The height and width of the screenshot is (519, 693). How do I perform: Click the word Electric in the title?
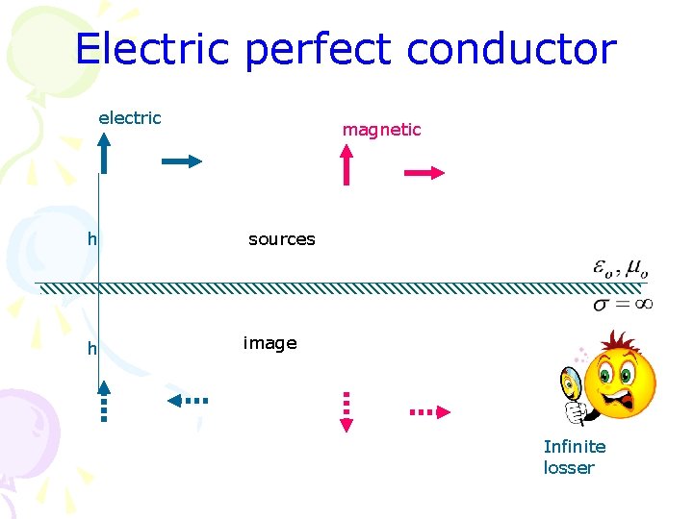coord(152,49)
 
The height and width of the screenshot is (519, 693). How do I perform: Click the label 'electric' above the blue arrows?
coord(130,118)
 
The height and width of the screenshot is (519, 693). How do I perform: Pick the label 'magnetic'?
coord(382,130)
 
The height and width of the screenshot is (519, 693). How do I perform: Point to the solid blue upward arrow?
coord(104,154)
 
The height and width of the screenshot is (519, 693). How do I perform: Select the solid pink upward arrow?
coord(347,163)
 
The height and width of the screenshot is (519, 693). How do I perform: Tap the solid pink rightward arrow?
coord(424,173)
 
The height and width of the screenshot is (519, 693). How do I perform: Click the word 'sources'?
coord(281,239)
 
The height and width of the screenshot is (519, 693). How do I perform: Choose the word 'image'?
coord(269,343)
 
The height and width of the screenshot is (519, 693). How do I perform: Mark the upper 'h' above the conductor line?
coord(92,239)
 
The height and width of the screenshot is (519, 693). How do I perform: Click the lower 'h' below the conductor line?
coord(92,349)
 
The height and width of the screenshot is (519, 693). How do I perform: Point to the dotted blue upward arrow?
coord(104,402)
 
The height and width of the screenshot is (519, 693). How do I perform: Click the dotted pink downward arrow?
coord(347,412)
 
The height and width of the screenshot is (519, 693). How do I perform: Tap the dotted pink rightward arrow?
coord(429,411)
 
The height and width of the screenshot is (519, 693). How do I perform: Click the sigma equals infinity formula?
coord(623,304)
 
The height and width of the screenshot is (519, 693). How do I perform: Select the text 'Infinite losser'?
coord(575,457)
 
